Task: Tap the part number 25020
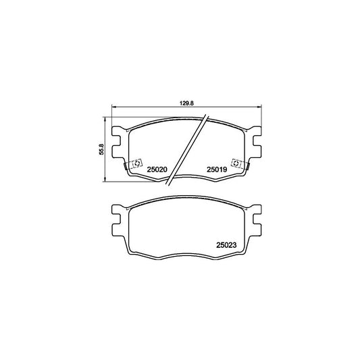coord(157,170)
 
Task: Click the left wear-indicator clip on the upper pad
coord(135,163)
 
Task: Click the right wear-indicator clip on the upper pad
coord(238,163)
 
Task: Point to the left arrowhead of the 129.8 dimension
coord(114,107)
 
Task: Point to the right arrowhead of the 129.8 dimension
coord(260,107)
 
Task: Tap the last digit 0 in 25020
coord(165,170)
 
